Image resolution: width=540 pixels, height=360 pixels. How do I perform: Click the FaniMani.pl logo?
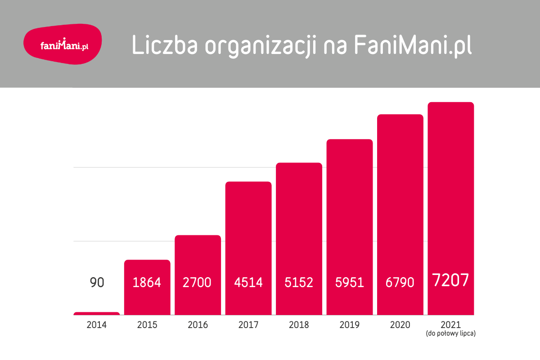coord(62,45)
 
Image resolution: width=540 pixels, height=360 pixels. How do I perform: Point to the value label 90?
coord(97,283)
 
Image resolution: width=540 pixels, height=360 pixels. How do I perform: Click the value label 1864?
coord(147,283)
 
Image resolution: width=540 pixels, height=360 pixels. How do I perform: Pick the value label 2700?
coord(198,283)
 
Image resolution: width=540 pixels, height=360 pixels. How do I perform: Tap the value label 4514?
coord(248,283)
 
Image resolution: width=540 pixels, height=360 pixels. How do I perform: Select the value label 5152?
coord(299,283)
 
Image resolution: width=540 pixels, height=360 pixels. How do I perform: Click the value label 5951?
coord(350,283)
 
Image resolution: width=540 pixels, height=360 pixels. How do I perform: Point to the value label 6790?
coord(400,283)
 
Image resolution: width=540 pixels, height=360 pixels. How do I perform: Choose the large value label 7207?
coord(450,280)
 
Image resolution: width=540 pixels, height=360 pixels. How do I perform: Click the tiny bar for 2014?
coord(97,313)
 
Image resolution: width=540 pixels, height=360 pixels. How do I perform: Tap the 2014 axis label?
coord(97,325)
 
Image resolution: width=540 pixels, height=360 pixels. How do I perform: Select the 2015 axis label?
coord(147,325)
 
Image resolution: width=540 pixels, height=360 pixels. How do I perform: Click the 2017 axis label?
coord(248,325)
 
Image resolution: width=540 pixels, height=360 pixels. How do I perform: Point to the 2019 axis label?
coord(350,325)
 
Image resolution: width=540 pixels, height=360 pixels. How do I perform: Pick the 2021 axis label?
coord(450,325)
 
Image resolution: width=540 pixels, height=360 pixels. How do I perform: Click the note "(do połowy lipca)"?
coord(450,334)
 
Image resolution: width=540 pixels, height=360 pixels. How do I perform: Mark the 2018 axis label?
coord(299,325)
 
